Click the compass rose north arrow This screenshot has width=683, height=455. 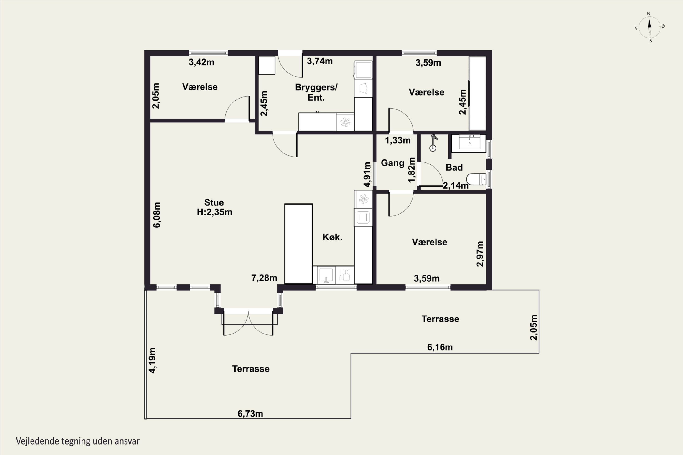pyautogui.click(x=649, y=27)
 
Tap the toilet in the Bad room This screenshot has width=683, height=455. pyautogui.click(x=476, y=179)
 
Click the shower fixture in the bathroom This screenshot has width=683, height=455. pyautogui.click(x=433, y=143)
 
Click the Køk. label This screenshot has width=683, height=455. pyautogui.click(x=332, y=237)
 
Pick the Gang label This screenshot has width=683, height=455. pyautogui.click(x=392, y=163)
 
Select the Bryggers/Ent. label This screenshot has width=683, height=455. pyautogui.click(x=316, y=92)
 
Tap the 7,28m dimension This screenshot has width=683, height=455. pyautogui.click(x=264, y=278)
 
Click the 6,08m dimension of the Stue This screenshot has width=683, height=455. pyautogui.click(x=157, y=215)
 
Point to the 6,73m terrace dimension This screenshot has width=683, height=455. pyautogui.click(x=250, y=414)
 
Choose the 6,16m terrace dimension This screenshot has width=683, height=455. pyautogui.click(x=440, y=347)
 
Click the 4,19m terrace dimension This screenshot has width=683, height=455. pyautogui.click(x=152, y=360)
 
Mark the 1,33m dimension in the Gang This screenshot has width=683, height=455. pyautogui.click(x=398, y=140)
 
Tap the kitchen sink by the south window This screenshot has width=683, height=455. pyautogui.click(x=326, y=275)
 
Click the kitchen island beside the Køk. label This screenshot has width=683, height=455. pyautogui.click(x=298, y=244)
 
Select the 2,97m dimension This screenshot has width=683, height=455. pyautogui.click(x=480, y=254)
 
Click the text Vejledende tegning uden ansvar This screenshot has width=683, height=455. pyautogui.click(x=78, y=441)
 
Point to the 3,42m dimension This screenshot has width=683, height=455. pyautogui.click(x=201, y=62)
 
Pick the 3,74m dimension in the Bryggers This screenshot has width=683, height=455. pyautogui.click(x=320, y=61)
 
